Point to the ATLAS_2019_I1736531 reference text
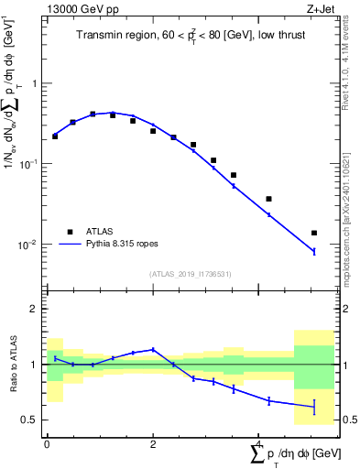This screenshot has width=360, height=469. click(190, 274)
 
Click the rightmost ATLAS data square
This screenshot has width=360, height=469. click(314, 233)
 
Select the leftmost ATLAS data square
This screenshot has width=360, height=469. click(55, 136)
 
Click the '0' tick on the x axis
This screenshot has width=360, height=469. click(47, 443)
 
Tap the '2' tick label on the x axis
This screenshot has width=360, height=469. click(153, 443)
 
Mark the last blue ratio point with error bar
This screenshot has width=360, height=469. click(314, 406)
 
